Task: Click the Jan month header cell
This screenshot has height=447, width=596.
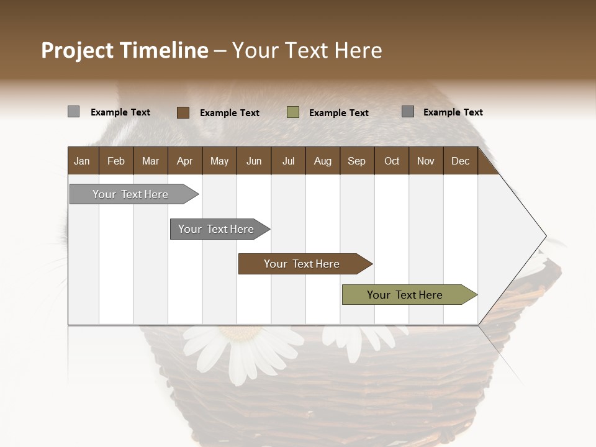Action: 82,161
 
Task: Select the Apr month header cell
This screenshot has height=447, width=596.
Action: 184,161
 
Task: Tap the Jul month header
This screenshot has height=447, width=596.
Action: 288,161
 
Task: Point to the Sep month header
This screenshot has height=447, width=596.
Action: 356,161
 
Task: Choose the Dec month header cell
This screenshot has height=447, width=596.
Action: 460,161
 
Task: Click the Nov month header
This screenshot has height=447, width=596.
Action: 425,161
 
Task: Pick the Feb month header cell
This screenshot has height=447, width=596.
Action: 116,161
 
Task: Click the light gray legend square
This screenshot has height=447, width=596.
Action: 73,112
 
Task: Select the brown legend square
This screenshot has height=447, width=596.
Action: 183,112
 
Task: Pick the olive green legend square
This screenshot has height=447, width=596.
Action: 293,112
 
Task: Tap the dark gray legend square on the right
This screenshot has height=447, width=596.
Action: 407,112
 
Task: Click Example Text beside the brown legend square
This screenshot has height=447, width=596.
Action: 229,113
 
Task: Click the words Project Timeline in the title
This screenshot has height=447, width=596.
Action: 124,50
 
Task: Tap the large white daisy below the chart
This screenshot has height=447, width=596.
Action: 239,351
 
